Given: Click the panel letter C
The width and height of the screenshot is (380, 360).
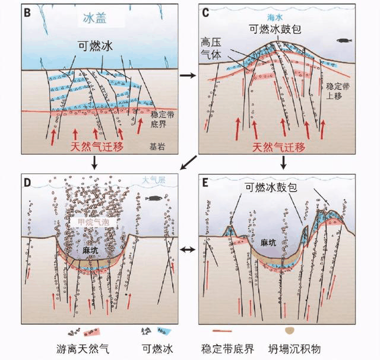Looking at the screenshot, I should (206, 10).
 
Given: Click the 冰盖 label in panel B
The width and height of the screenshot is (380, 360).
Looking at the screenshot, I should (94, 19).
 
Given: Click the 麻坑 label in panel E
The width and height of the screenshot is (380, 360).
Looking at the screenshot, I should (270, 243).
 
